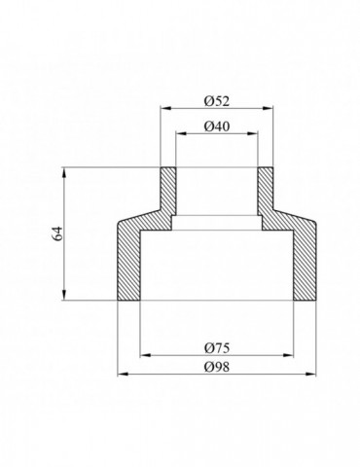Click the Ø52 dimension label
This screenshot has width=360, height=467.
pos(217,101)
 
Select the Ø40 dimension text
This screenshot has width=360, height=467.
pos(217,126)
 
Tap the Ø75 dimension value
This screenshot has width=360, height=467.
pos(217,348)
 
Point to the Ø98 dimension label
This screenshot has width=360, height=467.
pos(217,367)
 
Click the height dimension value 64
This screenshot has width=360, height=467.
pos(58,233)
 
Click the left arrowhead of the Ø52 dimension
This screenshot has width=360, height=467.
pos(165,108)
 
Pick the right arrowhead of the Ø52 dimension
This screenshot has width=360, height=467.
pos(269,108)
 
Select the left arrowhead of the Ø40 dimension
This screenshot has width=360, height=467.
pos(180,133)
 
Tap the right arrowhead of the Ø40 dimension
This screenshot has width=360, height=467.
pos(253,133)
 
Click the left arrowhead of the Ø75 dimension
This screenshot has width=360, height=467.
pos(145,355)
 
